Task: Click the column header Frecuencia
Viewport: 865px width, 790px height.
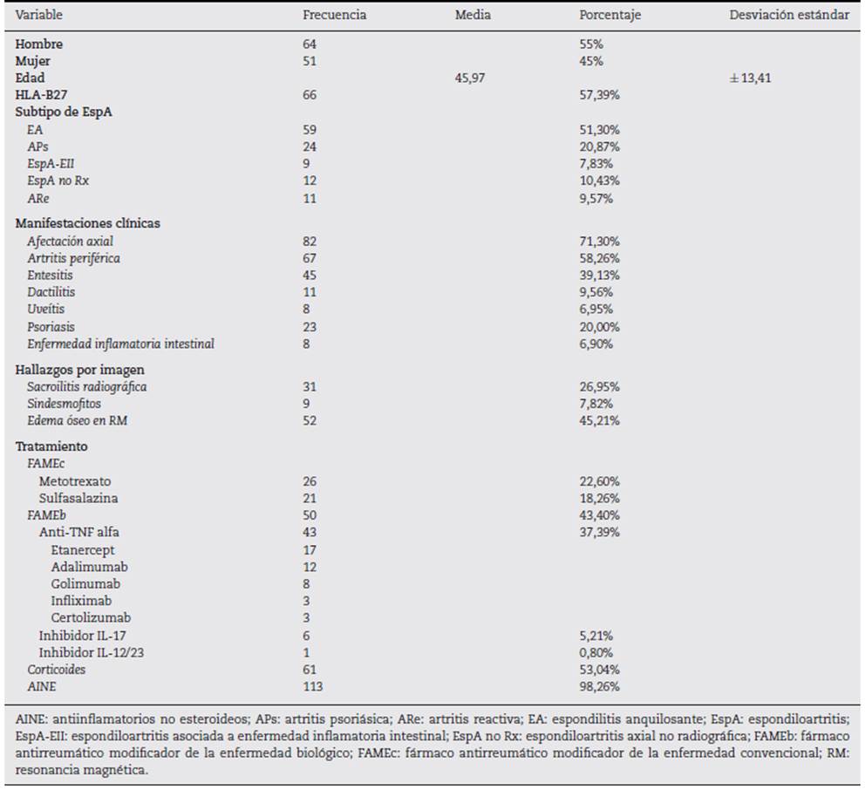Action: point(334,15)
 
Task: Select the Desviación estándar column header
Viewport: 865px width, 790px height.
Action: point(789,15)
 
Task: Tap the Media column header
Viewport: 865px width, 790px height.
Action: point(473,15)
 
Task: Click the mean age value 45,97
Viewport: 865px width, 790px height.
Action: point(470,78)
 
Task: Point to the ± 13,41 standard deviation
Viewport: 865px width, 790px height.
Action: point(750,78)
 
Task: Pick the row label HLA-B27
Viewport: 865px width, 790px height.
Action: point(41,95)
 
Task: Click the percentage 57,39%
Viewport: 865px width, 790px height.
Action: point(600,95)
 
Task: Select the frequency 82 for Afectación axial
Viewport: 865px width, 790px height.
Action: point(310,241)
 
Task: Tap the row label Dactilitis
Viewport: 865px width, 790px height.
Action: point(51,292)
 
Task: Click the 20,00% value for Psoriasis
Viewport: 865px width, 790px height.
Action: point(600,327)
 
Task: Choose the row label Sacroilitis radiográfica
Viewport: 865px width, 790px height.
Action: point(87,387)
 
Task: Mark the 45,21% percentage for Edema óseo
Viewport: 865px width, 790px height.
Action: point(600,420)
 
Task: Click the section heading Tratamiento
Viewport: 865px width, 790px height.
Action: point(51,446)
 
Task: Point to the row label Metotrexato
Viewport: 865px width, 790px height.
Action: point(75,481)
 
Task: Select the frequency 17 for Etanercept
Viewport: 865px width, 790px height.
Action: point(310,550)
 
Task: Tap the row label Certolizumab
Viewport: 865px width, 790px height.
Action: point(91,617)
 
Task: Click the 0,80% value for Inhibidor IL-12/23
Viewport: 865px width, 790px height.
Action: point(596,652)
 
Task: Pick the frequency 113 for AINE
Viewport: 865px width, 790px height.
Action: point(313,686)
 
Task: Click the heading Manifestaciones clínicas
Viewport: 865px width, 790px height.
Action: point(88,223)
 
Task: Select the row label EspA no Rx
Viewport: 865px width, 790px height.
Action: point(58,180)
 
